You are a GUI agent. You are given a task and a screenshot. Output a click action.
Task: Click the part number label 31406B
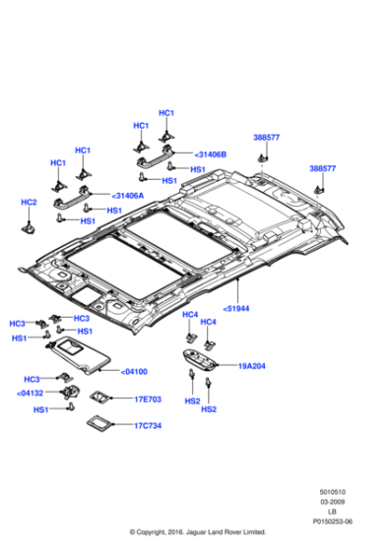211,154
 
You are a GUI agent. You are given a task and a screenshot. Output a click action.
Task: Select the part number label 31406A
128,196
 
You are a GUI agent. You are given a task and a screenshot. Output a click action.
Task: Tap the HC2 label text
29,203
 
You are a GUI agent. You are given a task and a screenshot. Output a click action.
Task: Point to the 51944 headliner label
235,309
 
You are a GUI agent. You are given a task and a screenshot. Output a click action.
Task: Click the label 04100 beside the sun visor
134,372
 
